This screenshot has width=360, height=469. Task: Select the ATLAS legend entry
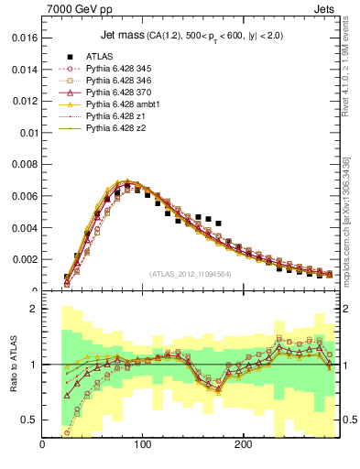tap(98, 56)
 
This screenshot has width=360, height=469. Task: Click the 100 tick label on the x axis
tap(142, 445)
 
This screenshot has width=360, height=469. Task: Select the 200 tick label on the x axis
tap(243, 445)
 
